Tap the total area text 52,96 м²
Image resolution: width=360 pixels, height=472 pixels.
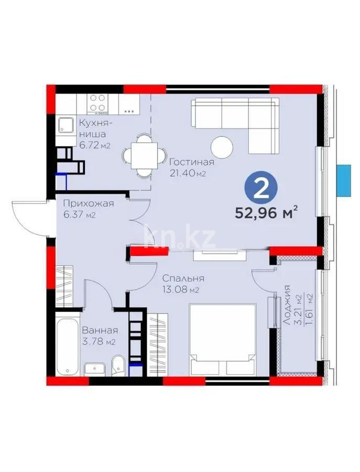point(267,213)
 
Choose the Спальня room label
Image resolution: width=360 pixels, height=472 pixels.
point(183,278)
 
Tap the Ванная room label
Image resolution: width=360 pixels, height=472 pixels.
point(100,330)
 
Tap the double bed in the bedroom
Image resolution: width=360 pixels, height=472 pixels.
point(222,339)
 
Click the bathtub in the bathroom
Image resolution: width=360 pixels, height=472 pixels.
point(68,341)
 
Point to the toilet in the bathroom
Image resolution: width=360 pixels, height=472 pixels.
point(117,367)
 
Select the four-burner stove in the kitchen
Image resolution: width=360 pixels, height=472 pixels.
point(96,103)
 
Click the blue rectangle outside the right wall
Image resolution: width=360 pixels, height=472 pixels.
point(344,179)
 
